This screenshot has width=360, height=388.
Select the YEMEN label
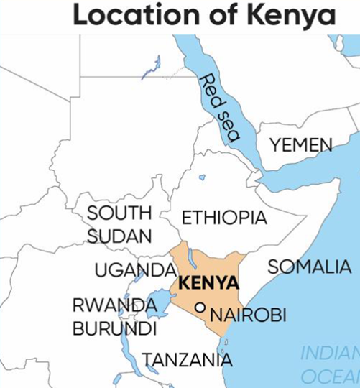[x=301, y=146]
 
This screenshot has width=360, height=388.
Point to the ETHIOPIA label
[x=224, y=218]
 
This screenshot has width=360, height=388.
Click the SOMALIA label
[x=310, y=267]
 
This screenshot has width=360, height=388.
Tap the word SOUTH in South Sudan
[x=119, y=213]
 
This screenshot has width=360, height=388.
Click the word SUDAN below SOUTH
[x=120, y=236]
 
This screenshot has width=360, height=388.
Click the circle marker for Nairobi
[x=201, y=308]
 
